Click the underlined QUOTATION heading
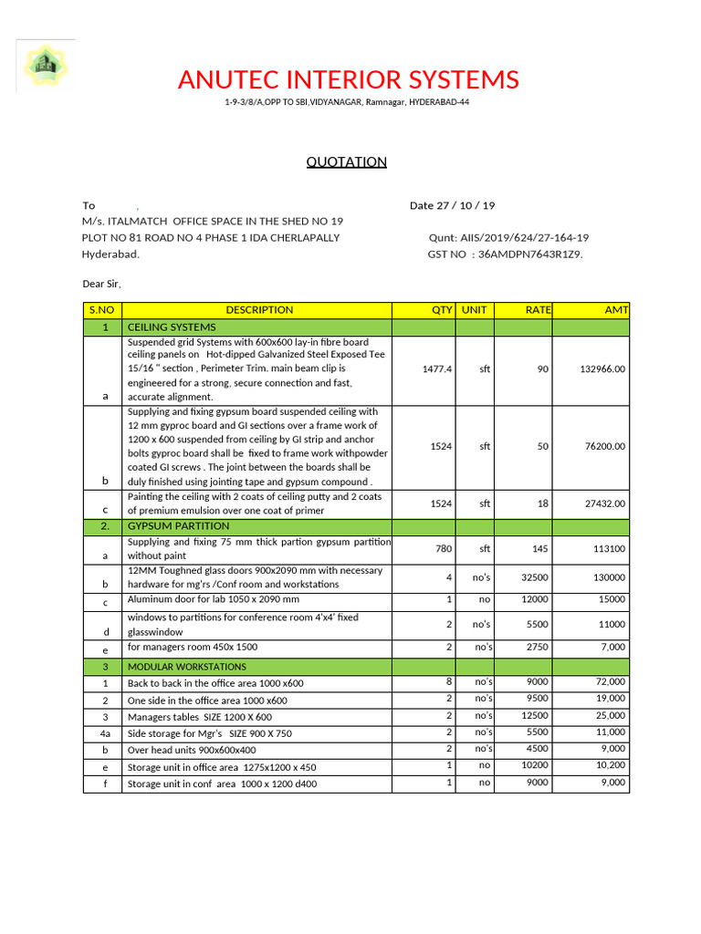(x=346, y=162)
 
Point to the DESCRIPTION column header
(x=259, y=310)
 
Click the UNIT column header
(x=474, y=310)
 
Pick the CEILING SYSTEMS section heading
(x=172, y=327)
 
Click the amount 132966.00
(x=602, y=369)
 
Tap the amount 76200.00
(x=605, y=447)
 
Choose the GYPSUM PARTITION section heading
(x=178, y=526)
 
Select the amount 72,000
(x=611, y=682)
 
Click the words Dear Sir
(x=101, y=284)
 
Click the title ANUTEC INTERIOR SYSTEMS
(x=349, y=80)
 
